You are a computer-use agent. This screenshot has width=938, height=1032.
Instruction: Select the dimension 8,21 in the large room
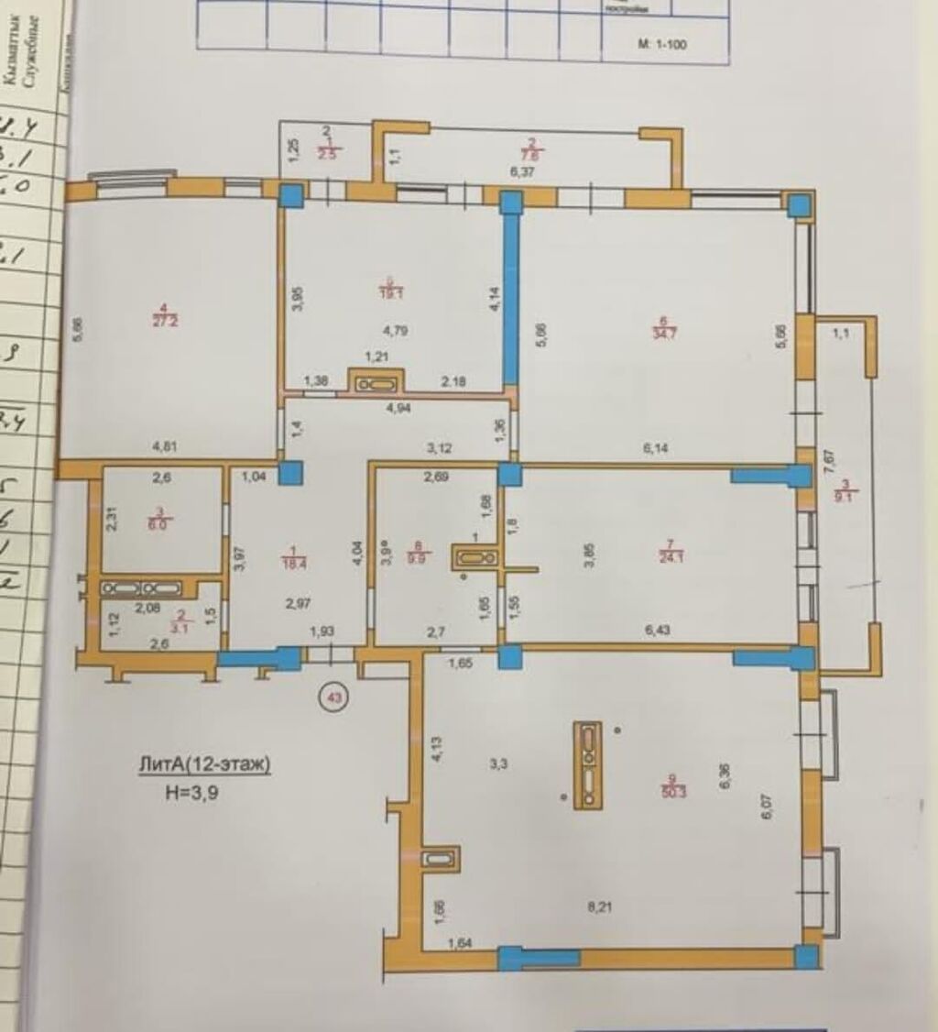coord(598,907)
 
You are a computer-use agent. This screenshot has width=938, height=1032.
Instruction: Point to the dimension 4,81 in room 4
coord(165,448)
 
